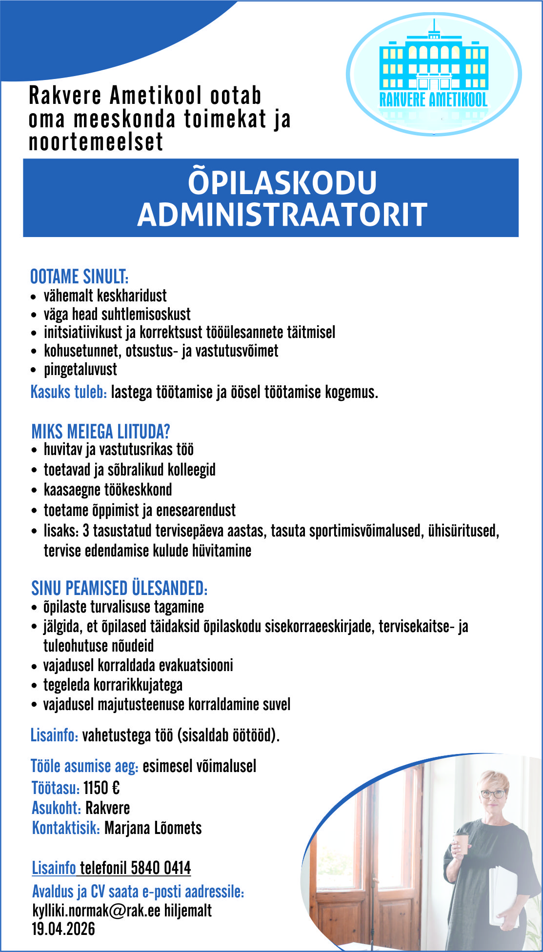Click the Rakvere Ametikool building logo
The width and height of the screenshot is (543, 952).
pyautogui.click(x=434, y=73)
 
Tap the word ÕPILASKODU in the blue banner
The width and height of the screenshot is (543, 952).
pyautogui.click(x=282, y=182)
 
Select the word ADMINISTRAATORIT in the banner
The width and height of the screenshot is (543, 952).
pyautogui.click(x=282, y=215)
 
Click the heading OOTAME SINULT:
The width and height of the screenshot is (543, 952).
pyautogui.click(x=80, y=277)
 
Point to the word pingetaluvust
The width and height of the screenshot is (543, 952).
pyautogui.click(x=80, y=369)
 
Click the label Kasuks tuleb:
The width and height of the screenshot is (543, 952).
pyautogui.click(x=69, y=392)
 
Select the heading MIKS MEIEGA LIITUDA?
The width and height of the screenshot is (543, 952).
pyautogui.click(x=101, y=432)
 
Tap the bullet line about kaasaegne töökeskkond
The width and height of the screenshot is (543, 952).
pyautogui.click(x=108, y=490)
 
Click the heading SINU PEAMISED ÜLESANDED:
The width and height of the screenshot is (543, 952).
pyautogui.click(x=120, y=588)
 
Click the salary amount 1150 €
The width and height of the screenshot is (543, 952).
pyautogui.click(x=101, y=788)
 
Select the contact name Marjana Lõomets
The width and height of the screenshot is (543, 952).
pyautogui.click(x=153, y=828)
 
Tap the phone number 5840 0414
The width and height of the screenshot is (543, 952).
pyautogui.click(x=161, y=868)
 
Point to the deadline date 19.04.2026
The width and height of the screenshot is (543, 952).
pyautogui.click(x=63, y=929)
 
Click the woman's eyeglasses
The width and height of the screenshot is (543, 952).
pyautogui.click(x=493, y=793)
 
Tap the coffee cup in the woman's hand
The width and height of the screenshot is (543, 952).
pyautogui.click(x=461, y=843)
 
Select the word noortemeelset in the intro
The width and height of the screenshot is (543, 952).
pyautogui.click(x=96, y=142)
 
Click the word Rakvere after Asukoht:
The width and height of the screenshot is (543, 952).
pyautogui.click(x=107, y=808)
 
